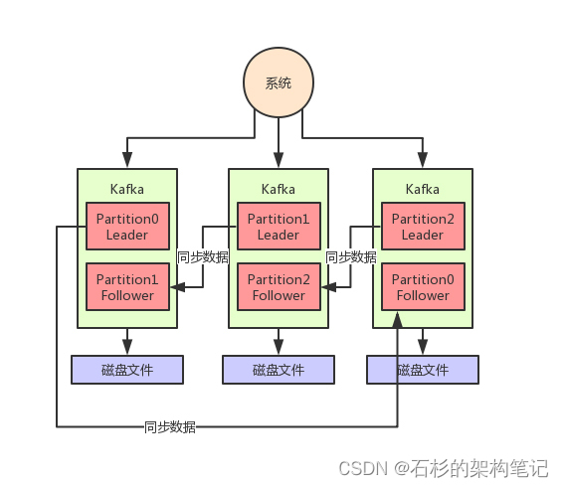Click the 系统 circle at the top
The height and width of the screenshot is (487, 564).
point(279,82)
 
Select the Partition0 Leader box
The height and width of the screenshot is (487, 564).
point(127,227)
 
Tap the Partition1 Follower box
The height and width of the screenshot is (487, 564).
point(127,287)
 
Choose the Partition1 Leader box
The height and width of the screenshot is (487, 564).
point(279,227)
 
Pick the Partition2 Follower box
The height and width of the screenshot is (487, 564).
point(279,287)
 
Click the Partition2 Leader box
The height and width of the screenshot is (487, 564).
point(423,227)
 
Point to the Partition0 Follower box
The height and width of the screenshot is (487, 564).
point(423,287)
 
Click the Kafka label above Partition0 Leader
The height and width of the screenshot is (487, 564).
point(127,189)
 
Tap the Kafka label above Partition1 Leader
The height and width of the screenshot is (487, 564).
point(279,189)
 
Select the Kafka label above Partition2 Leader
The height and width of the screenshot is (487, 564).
point(423,189)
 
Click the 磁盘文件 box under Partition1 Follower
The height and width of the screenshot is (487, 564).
point(127,370)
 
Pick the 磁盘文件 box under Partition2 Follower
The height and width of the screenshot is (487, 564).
point(279,370)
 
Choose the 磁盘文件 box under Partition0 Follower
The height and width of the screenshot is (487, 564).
point(423,370)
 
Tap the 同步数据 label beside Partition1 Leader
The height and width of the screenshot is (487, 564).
point(202,256)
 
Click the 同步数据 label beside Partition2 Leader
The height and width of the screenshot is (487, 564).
point(351,256)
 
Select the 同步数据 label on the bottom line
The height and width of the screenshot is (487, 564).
point(169,427)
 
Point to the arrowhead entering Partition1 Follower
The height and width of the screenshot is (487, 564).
point(176,287)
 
